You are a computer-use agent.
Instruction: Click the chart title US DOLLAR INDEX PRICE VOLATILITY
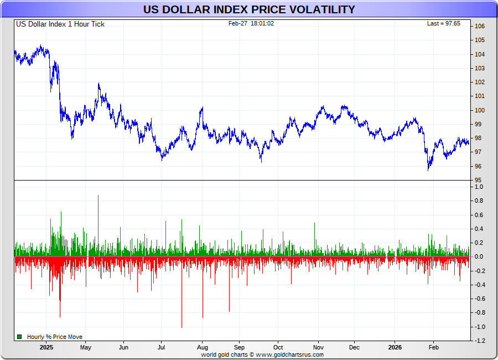pyautogui.click(x=249, y=9)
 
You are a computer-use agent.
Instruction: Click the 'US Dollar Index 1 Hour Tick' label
pyautogui.click(x=60, y=24)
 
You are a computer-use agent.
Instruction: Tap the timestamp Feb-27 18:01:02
pyautogui.click(x=251, y=23)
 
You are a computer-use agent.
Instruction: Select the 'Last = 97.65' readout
pyautogui.click(x=444, y=23)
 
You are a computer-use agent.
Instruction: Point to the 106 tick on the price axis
pyautogui.click(x=480, y=27)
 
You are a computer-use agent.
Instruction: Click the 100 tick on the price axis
pyautogui.click(x=480, y=110)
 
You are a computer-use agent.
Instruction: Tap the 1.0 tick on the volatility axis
pyautogui.click(x=479, y=187)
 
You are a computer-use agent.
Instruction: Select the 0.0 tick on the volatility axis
pyautogui.click(x=479, y=257)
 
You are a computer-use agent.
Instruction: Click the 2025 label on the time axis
pyautogui.click(x=46, y=348)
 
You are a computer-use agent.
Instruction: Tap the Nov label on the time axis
pyautogui.click(x=318, y=348)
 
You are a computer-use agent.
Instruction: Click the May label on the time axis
pyautogui.click(x=85, y=348)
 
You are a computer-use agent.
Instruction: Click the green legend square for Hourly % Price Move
pyautogui.click(x=19, y=337)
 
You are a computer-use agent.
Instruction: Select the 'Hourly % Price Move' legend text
pyautogui.click(x=55, y=337)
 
